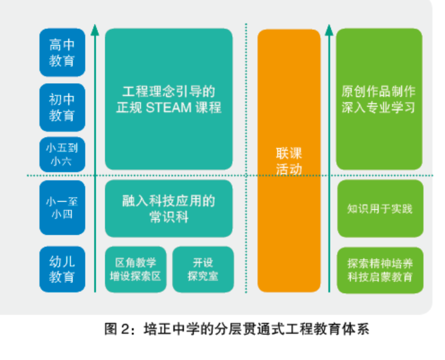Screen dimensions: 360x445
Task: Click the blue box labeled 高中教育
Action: point(62,52)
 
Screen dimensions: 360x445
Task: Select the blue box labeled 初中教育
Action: point(62,107)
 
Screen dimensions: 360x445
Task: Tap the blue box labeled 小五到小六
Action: point(62,154)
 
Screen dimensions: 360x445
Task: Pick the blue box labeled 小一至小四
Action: point(62,208)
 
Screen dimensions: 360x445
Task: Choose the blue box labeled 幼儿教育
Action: point(62,269)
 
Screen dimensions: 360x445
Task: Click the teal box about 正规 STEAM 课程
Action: point(169,99)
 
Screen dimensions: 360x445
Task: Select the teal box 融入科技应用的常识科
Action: point(169,208)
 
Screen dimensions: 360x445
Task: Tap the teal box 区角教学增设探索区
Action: point(136,269)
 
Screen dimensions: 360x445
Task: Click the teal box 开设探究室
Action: point(203,269)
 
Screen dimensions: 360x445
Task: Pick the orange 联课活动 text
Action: point(289,161)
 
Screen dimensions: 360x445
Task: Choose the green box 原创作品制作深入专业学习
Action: point(379,99)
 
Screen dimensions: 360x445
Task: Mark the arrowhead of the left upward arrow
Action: point(95,28)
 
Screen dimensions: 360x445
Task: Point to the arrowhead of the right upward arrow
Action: point(328,28)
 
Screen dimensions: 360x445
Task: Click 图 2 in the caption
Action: point(115,329)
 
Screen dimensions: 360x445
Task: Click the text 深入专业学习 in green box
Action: point(379,108)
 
